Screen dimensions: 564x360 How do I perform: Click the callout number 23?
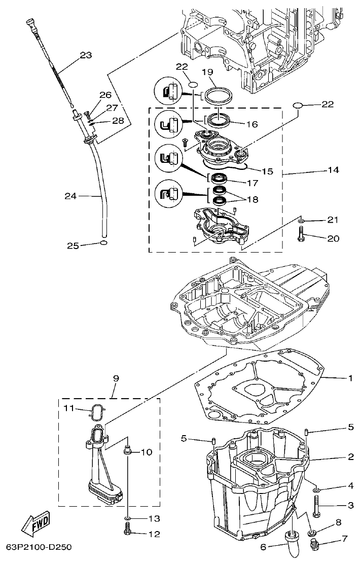86,55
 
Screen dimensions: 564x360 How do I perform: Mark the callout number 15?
267,171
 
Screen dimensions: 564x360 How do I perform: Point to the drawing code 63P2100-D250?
39,547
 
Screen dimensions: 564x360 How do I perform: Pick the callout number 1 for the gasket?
350,378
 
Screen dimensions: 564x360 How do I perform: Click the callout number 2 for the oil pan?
350,457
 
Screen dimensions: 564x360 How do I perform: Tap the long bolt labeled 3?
316,506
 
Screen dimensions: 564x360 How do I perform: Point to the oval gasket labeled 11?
98,412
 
